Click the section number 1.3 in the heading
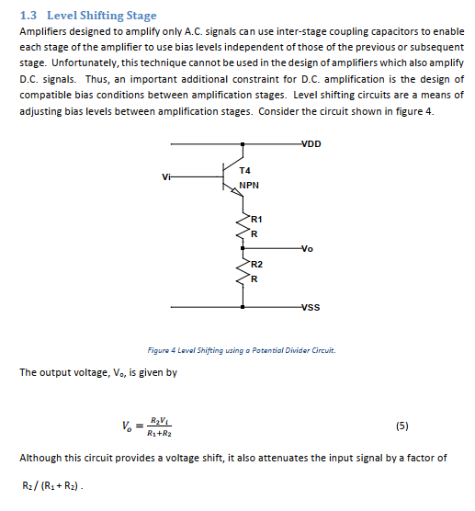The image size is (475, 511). (28, 16)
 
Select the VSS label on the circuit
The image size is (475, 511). (310, 309)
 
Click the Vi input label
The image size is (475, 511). (164, 176)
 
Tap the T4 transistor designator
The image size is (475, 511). (244, 170)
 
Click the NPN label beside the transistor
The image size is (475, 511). (249, 185)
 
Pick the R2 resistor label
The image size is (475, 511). (256, 265)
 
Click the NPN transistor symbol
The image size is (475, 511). (232, 176)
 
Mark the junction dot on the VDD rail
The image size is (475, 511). (243, 144)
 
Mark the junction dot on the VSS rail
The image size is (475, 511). (243, 307)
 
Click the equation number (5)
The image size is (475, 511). (401, 426)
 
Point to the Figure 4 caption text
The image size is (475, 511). (242, 350)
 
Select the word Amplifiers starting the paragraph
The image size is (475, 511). (46, 31)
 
